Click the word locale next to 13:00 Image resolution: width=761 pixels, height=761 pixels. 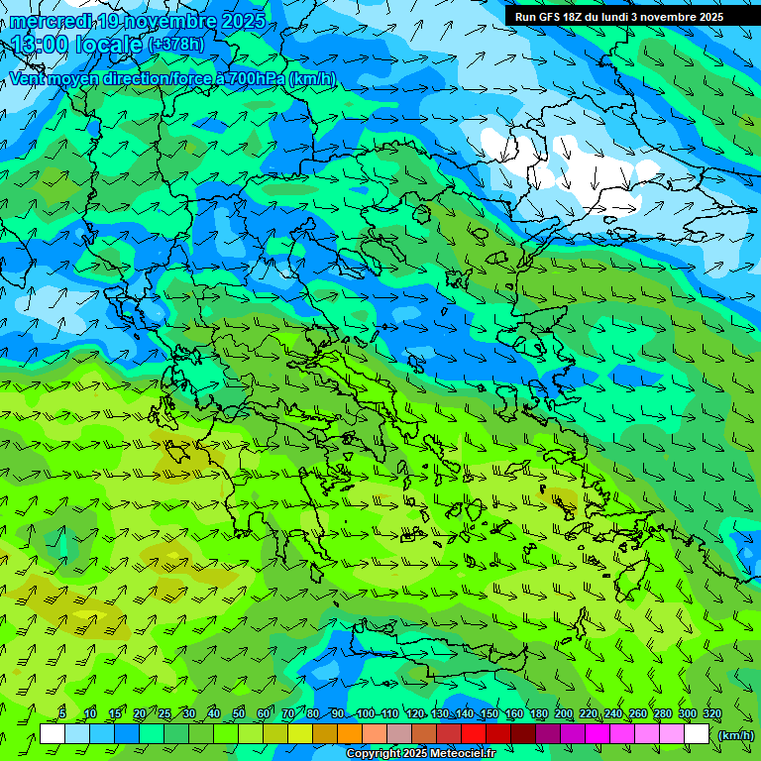[110, 45]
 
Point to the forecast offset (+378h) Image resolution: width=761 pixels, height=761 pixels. [176, 45]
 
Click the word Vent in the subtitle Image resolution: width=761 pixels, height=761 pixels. [28, 78]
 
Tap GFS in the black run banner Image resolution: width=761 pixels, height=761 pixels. [552, 17]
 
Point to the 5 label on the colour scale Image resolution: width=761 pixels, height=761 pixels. [62, 713]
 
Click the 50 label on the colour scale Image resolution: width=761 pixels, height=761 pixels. [239, 713]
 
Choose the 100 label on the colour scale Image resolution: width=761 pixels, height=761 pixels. [366, 713]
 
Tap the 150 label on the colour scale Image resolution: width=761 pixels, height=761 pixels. [489, 713]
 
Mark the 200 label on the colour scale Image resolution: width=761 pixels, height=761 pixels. [564, 713]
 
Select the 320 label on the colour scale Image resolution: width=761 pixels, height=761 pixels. [712, 713]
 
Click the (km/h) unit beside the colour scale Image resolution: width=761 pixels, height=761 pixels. [736, 735]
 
